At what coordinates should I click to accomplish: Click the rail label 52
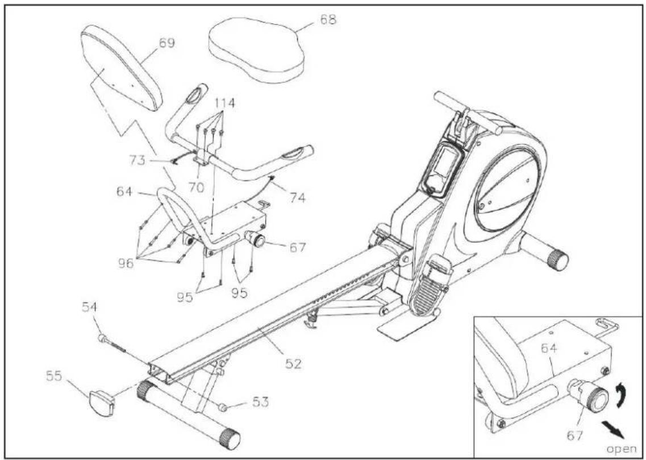click(x=293, y=363)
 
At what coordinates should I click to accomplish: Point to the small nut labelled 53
click(x=223, y=408)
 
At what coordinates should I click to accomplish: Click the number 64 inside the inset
click(x=549, y=349)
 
